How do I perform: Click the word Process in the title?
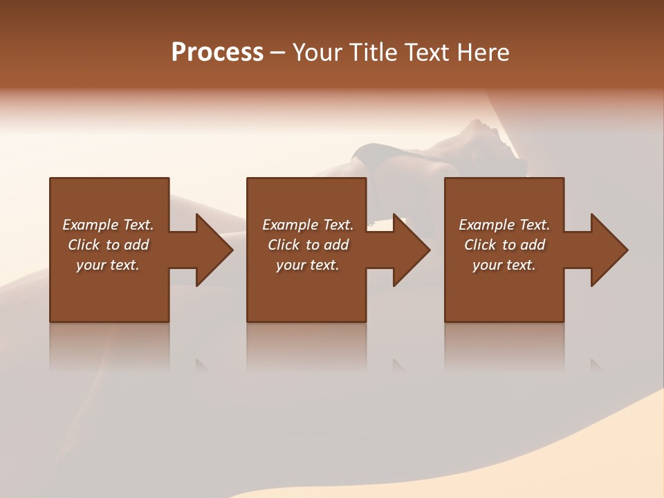point(217,53)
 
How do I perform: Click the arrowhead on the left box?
point(214,250)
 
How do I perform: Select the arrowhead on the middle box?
point(411,250)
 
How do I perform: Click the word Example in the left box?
point(90,225)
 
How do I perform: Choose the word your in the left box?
point(91,265)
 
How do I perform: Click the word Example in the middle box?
point(290,225)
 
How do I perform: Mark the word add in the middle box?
point(336,245)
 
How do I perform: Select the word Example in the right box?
point(486,225)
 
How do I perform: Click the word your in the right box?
point(487,265)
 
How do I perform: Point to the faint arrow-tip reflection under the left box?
point(203,365)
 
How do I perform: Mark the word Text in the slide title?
point(429,53)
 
